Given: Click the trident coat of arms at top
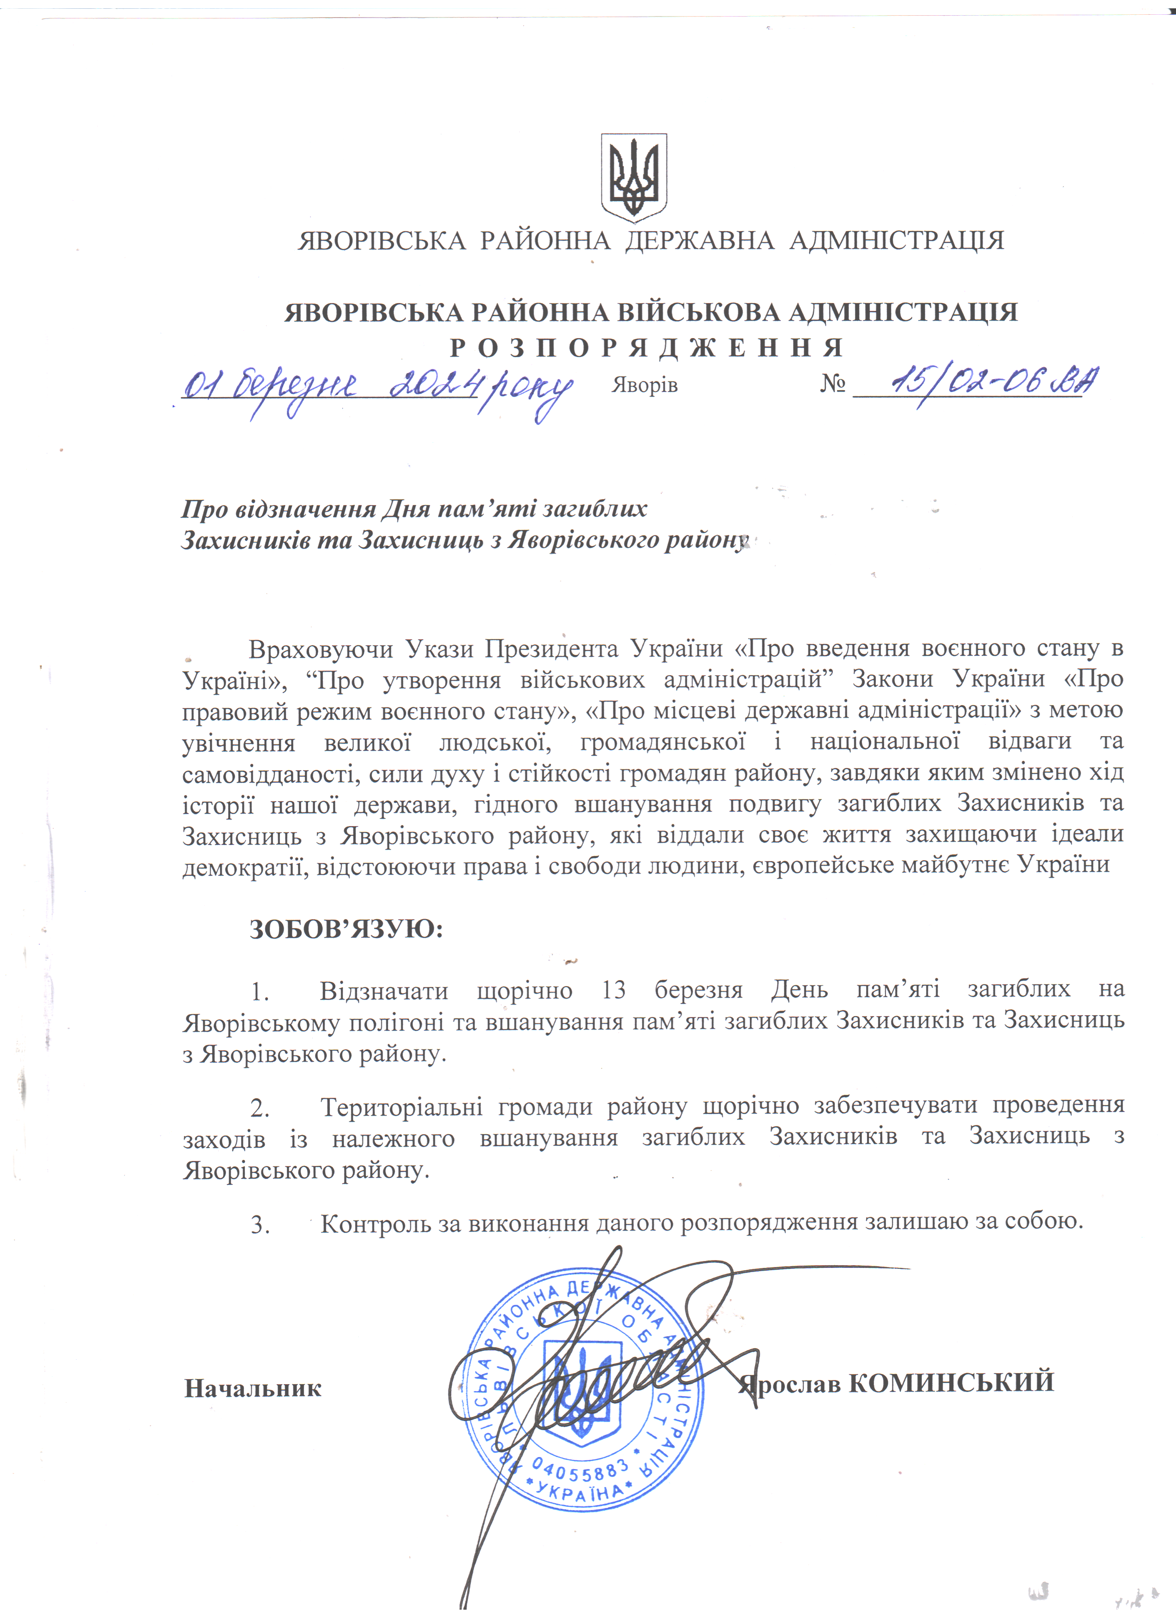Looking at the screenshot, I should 633,178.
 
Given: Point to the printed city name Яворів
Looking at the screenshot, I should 644,386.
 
